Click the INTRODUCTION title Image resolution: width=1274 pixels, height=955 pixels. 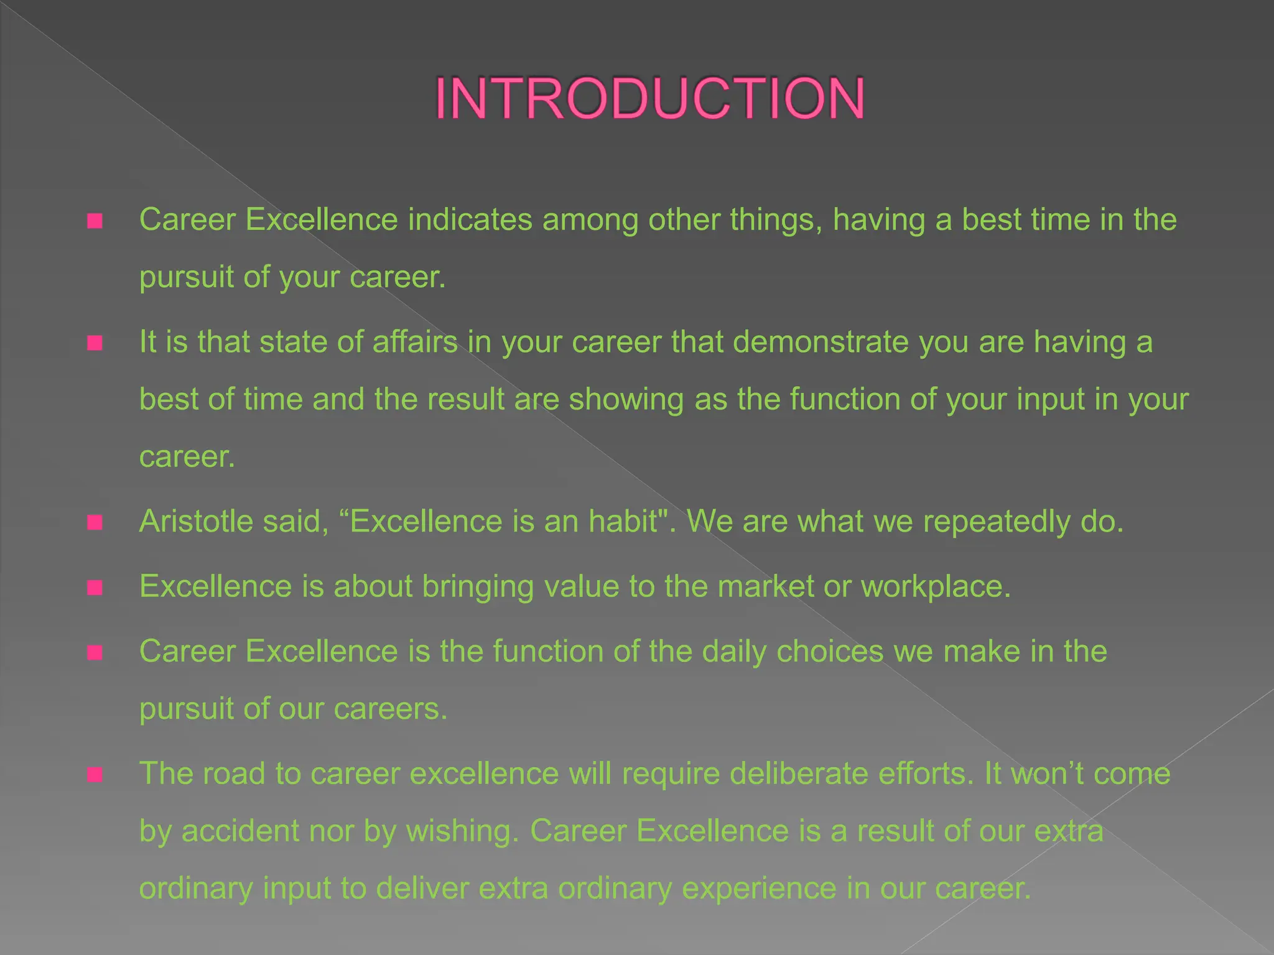pos(649,98)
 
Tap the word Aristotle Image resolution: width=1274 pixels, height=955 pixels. pos(196,521)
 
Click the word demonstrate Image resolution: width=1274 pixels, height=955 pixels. pos(821,342)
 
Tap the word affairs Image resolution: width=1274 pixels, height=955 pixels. pos(415,342)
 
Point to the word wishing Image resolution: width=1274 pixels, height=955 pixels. pos(462,832)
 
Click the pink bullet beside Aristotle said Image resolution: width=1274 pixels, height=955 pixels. pos(95,522)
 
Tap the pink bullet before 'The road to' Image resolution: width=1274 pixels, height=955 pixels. pos(95,775)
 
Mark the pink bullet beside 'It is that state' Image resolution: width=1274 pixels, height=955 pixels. pos(95,343)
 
